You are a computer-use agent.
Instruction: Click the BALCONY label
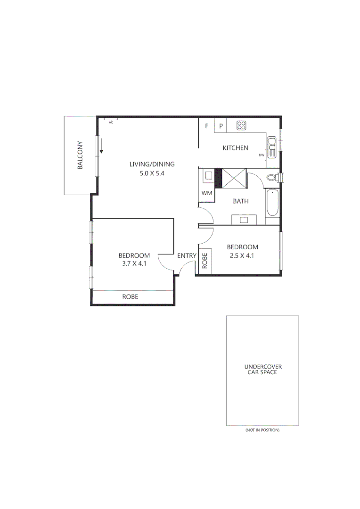81,155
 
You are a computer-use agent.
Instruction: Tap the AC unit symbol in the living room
111,119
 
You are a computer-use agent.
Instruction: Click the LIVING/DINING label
152,164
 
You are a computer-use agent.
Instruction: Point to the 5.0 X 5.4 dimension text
152,173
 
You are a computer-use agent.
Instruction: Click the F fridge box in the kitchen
206,126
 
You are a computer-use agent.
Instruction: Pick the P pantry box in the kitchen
221,126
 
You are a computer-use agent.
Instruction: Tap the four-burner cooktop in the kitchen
241,125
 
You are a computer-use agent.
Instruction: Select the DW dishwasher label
261,155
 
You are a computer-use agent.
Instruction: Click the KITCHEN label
235,148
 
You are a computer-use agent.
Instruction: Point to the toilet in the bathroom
272,178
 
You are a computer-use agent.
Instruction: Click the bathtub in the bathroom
272,203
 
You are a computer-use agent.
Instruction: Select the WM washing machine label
206,193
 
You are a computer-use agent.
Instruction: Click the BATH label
241,201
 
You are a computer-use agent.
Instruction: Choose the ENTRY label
187,256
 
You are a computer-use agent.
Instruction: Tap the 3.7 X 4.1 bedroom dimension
134,264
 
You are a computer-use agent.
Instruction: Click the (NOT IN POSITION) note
262,430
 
